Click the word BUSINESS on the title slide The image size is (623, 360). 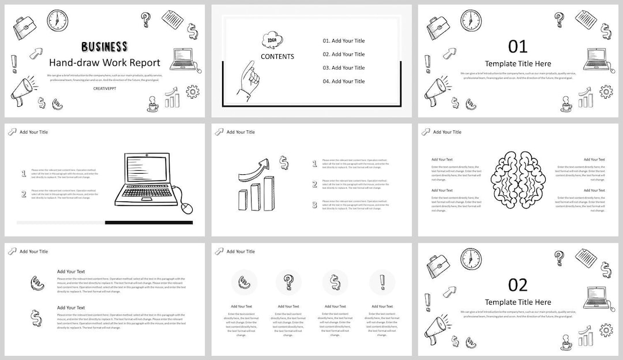click(104, 47)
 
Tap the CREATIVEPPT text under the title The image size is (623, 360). click(104, 89)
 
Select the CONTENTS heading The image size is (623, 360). click(277, 57)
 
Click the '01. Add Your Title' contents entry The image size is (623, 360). click(343, 41)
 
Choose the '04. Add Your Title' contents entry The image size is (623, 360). click(343, 81)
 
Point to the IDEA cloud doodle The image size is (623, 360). click(272, 40)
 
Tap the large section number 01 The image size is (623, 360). click(517, 46)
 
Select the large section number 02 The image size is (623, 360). click(517, 284)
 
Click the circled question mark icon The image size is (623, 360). click(288, 282)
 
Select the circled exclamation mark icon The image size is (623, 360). click(382, 282)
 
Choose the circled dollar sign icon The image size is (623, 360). click(335, 282)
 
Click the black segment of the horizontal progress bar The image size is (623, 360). click(149, 222)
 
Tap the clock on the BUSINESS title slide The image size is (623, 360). click(57, 20)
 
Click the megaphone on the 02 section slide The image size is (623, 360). click(437, 328)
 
